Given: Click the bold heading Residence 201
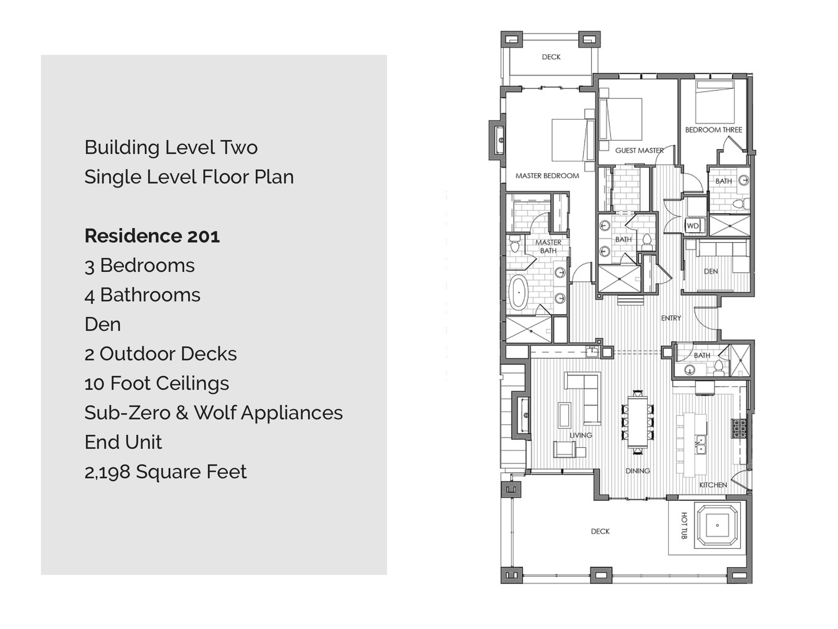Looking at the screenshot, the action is click(x=152, y=236).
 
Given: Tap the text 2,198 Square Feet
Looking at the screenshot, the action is click(x=165, y=472).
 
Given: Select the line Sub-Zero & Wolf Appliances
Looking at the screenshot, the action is click(x=214, y=413).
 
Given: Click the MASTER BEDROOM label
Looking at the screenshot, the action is click(x=547, y=176).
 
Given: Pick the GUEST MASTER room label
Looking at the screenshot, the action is click(x=639, y=150).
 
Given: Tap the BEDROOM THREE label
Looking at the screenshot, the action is click(x=714, y=130).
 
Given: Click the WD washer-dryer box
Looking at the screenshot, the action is click(x=693, y=226).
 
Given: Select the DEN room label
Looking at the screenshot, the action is click(x=711, y=271).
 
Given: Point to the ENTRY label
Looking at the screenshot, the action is click(x=671, y=318).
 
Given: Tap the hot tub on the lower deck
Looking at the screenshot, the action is click(x=717, y=525).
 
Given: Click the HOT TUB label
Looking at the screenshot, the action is click(x=684, y=525).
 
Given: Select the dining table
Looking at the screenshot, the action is click(x=638, y=421).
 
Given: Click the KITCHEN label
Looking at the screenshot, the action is click(x=713, y=485).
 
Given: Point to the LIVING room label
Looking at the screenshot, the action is click(x=581, y=435).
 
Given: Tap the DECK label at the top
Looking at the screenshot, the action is click(x=551, y=57).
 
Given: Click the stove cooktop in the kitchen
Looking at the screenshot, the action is click(x=739, y=428).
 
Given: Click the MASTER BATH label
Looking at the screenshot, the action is click(x=548, y=247).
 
